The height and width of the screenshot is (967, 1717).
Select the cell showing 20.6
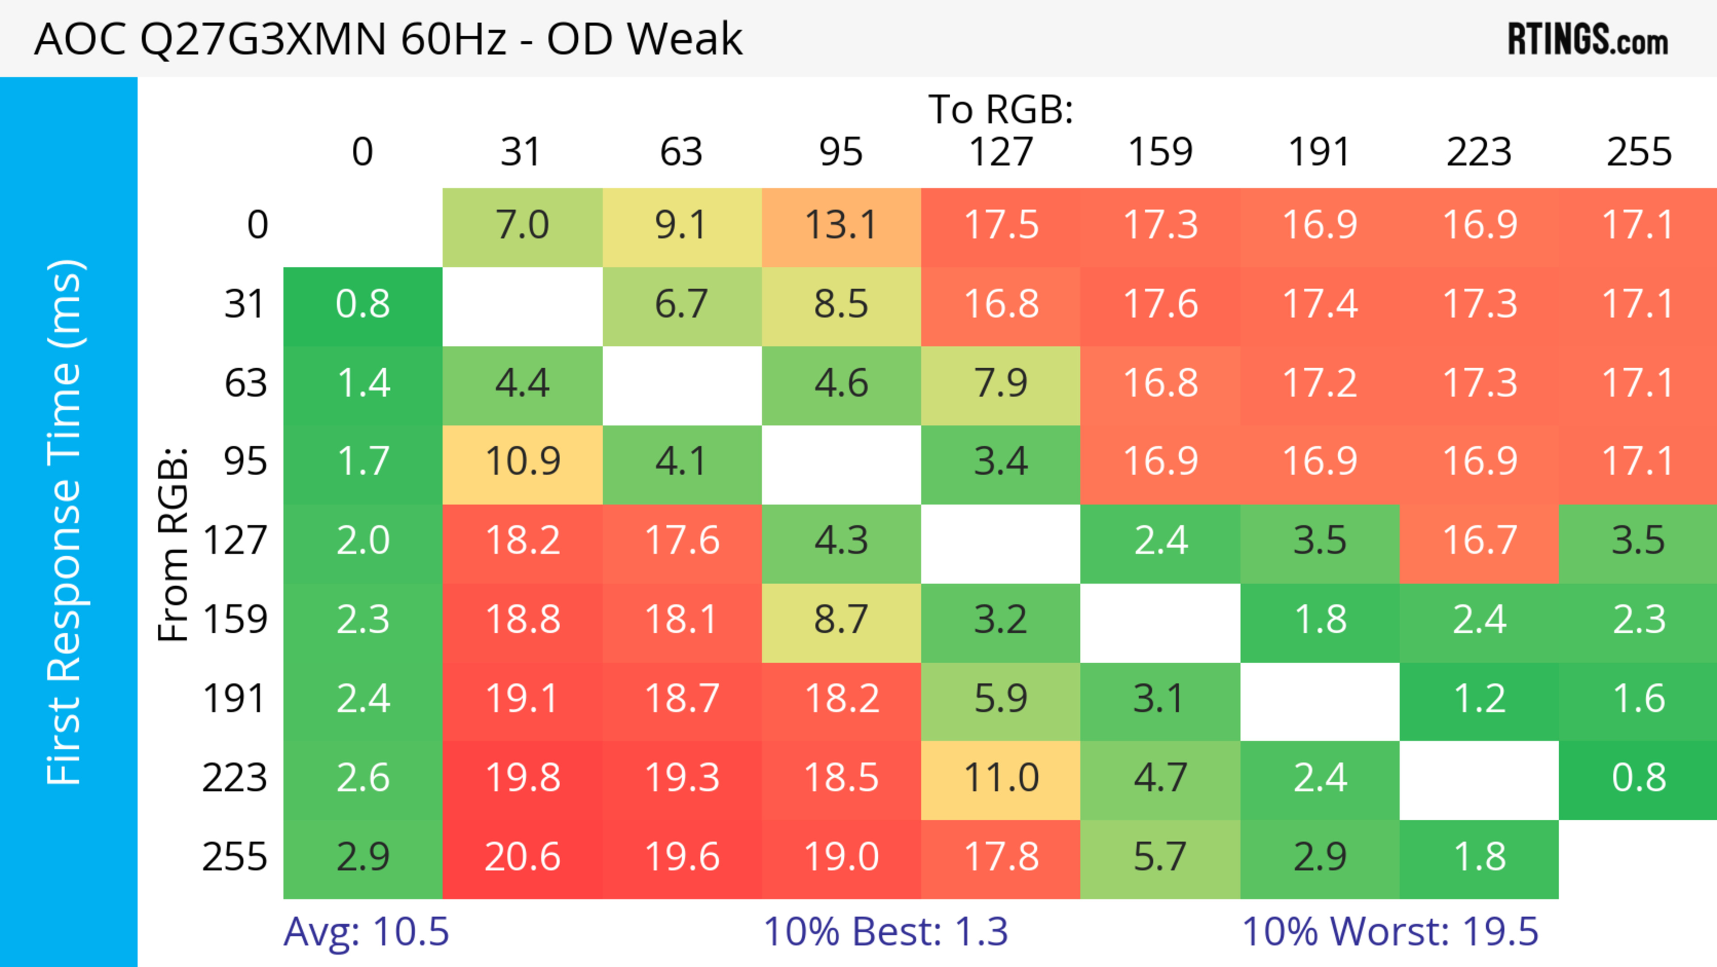[x=523, y=857]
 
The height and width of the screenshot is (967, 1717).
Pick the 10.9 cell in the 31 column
[x=523, y=461]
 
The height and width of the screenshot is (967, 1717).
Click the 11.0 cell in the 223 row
[x=1001, y=778]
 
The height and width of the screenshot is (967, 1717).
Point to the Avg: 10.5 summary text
[x=366, y=932]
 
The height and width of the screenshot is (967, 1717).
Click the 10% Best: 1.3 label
[x=885, y=932]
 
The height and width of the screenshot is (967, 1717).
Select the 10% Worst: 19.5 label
[x=1390, y=932]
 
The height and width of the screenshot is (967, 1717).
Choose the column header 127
[x=1001, y=153]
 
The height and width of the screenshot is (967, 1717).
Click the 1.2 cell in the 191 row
[x=1480, y=699]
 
